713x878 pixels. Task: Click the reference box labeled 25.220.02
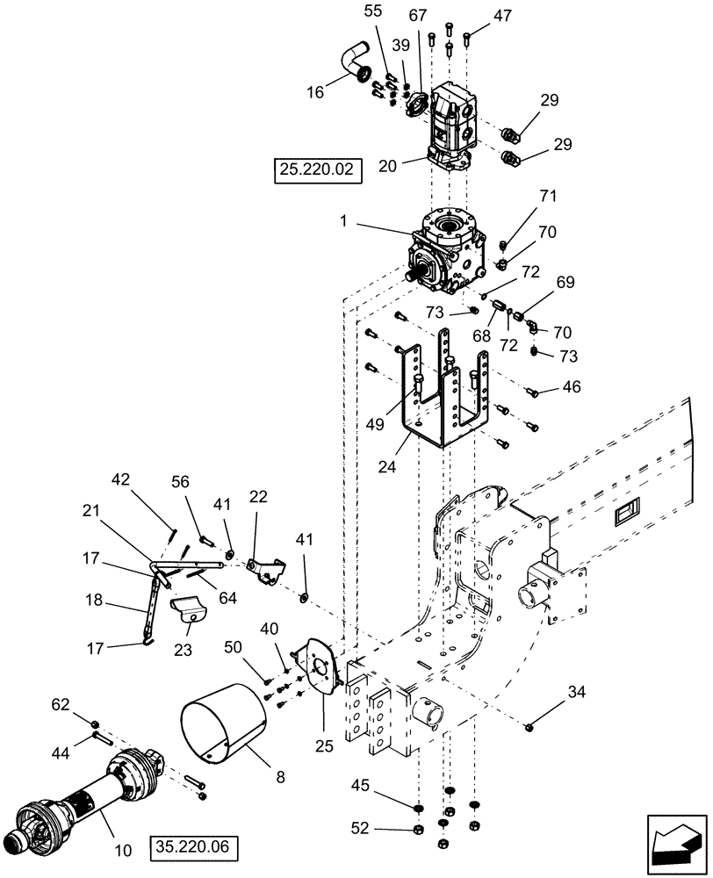318,170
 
